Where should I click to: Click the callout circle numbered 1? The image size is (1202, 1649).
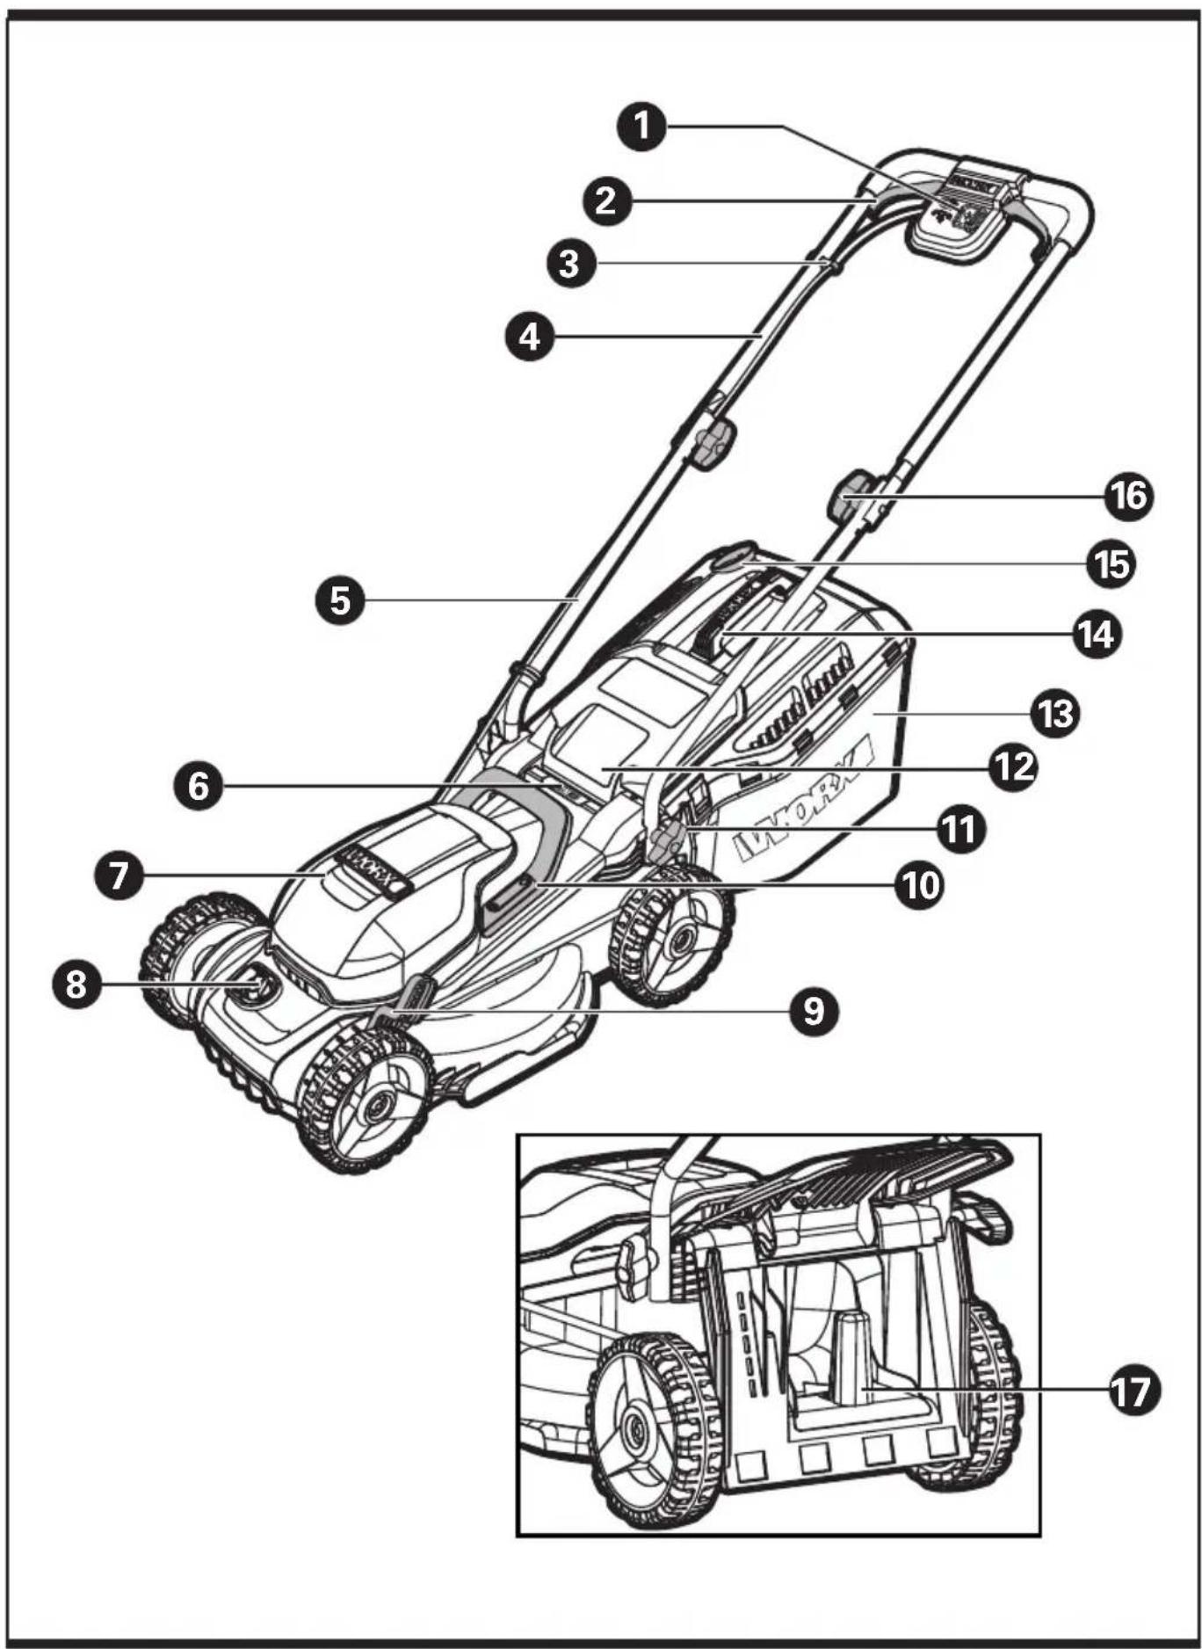pyautogui.click(x=642, y=126)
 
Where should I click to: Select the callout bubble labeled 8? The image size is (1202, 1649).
pyautogui.click(x=76, y=984)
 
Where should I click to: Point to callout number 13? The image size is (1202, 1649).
pyautogui.click(x=1054, y=713)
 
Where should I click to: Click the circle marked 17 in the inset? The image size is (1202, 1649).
pyautogui.click(x=1133, y=1390)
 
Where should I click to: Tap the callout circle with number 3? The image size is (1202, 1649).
pyautogui.click(x=570, y=263)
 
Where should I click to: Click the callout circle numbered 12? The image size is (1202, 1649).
pyautogui.click(x=1011, y=766)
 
